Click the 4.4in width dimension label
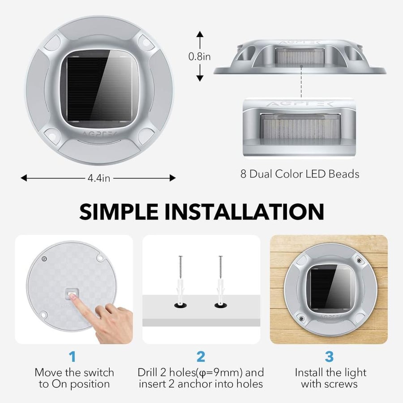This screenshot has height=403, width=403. (99, 178)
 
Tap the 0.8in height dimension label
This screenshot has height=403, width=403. (199, 56)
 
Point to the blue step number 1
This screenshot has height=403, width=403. (73, 356)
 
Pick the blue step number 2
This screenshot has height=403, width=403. (201, 356)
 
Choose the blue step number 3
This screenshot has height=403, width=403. (329, 356)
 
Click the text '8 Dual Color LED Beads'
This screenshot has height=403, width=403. (300, 174)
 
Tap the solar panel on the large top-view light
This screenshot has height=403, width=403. (100, 89)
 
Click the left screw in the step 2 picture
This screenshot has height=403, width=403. (181, 267)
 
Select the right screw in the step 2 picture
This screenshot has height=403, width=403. (220, 267)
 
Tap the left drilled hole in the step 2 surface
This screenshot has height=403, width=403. (180, 305)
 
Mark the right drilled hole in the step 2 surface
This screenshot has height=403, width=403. (221, 305)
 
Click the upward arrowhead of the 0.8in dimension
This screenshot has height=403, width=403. (200, 34)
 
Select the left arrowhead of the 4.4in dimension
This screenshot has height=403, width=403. (24, 178)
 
